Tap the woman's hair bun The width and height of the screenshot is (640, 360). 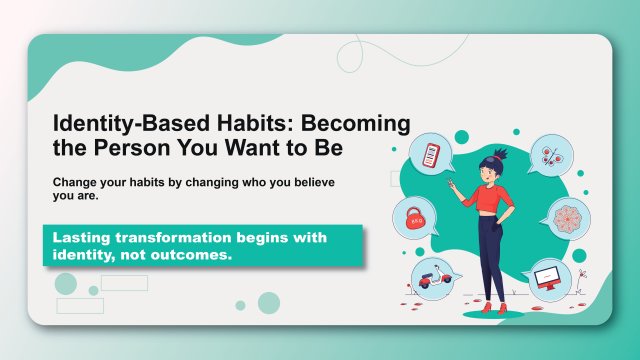click(x=500, y=153)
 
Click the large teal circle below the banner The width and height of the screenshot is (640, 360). click(x=269, y=303)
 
